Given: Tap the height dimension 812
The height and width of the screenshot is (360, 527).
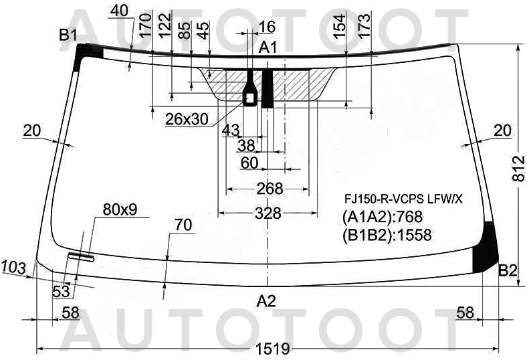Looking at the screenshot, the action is click(x=519, y=168).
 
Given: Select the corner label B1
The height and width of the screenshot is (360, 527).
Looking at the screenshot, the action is click(x=69, y=35).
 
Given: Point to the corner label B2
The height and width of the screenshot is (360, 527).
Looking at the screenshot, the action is click(x=508, y=270).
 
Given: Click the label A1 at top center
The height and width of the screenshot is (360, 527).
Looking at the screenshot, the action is click(x=268, y=48).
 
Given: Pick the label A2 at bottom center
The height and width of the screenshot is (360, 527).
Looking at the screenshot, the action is click(x=266, y=301).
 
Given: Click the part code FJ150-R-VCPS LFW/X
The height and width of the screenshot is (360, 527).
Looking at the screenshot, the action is click(x=403, y=199).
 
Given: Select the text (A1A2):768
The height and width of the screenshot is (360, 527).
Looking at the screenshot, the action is click(x=383, y=217).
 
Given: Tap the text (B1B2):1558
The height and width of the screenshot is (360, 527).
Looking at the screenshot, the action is click(x=387, y=235).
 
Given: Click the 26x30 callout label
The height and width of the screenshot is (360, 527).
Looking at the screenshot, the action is click(x=187, y=119).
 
